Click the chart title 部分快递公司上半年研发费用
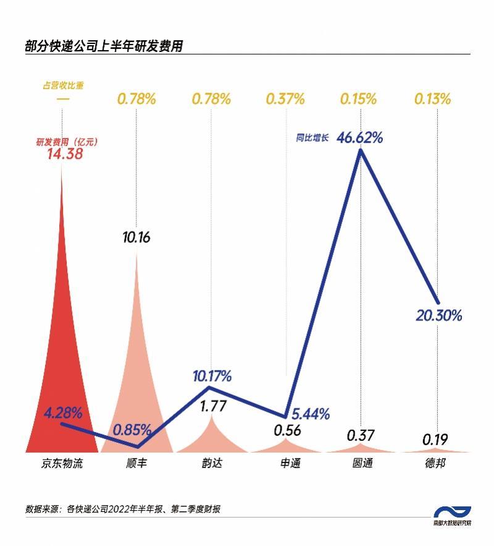[x=104, y=46]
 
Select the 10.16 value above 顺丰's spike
[x=136, y=237]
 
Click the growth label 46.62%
[x=359, y=137]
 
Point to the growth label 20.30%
[x=438, y=315]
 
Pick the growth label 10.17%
[x=212, y=375]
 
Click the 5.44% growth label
[x=310, y=413]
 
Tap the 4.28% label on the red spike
[x=62, y=413]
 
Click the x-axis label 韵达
[x=212, y=463]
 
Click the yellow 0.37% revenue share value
[x=285, y=99]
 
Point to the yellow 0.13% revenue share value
[x=435, y=99]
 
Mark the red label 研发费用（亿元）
[x=67, y=142]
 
